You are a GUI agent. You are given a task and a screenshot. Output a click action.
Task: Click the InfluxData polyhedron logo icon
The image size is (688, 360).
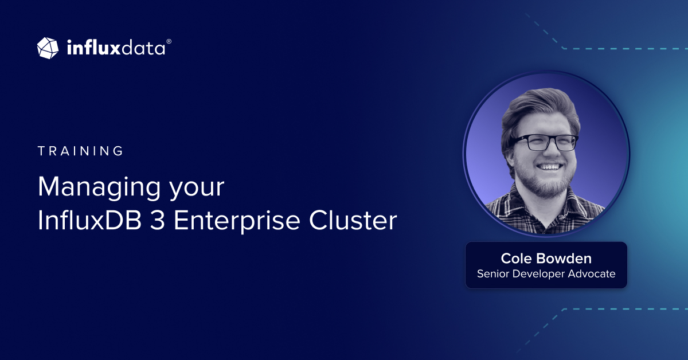click(x=48, y=48)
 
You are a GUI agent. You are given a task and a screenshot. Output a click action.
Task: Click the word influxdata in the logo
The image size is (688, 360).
click(x=116, y=48)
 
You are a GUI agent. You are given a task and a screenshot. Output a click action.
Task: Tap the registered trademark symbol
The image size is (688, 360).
click(x=169, y=41)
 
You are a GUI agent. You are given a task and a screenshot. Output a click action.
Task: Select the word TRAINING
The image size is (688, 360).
click(x=80, y=151)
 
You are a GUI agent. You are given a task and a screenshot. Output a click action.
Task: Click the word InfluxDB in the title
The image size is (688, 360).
click(x=89, y=220)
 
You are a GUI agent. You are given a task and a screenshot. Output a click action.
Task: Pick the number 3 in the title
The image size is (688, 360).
click(x=158, y=220)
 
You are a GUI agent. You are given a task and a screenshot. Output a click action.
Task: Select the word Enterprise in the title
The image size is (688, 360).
click(x=237, y=221)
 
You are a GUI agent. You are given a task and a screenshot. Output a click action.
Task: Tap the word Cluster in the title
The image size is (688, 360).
click(x=353, y=220)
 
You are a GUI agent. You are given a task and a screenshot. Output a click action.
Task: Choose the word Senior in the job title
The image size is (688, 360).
click(x=493, y=273)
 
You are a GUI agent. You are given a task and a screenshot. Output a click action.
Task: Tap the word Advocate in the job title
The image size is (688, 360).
click(x=592, y=273)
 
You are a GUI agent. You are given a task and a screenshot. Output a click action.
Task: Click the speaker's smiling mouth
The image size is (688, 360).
click(x=549, y=167)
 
